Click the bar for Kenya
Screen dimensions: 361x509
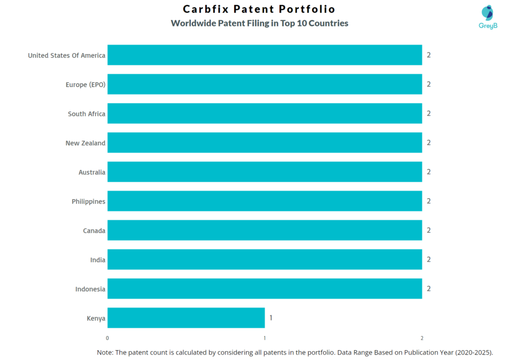pyautogui.click(x=186, y=318)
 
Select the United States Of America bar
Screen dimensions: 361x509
pyautogui.click(x=264, y=55)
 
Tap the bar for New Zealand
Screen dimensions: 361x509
pyautogui.click(x=264, y=143)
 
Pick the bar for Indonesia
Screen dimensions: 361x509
pyautogui.click(x=264, y=289)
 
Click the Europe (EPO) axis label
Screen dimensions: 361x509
pyautogui.click(x=85, y=84)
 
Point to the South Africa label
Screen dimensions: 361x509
pyautogui.click(x=86, y=114)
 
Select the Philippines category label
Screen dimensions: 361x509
pyautogui.click(x=88, y=201)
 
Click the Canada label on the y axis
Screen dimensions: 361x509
pyautogui.click(x=94, y=230)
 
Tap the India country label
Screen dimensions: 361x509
pyautogui.click(x=97, y=260)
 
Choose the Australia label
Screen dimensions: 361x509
pyautogui.click(x=91, y=172)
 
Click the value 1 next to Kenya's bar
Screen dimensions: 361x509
pyautogui.click(x=271, y=318)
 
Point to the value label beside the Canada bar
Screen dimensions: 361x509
pyautogui.click(x=428, y=230)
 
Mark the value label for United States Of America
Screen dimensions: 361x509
pyautogui.click(x=428, y=55)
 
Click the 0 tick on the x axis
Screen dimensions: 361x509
pyautogui.click(x=107, y=338)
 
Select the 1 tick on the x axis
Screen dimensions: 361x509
pyautogui.click(x=264, y=338)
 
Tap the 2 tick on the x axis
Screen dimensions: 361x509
pyautogui.click(x=422, y=338)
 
